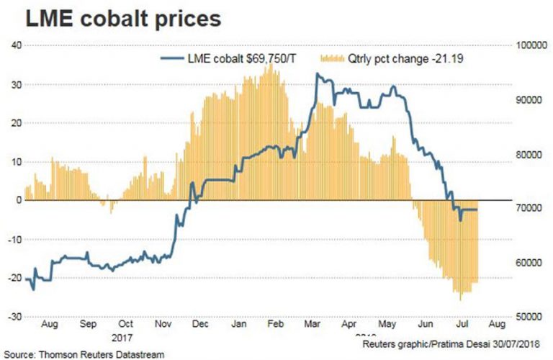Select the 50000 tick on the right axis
tap(530, 317)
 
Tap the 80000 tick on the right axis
tap(530, 154)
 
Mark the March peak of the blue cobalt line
tap(318, 73)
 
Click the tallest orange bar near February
tap(269, 65)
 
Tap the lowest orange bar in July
tap(460, 299)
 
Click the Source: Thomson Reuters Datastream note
tap(83, 354)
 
